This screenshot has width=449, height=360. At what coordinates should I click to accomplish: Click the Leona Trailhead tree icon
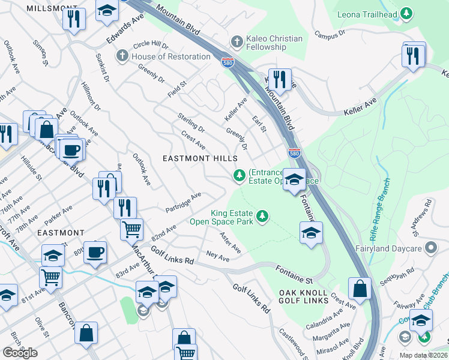[406, 13]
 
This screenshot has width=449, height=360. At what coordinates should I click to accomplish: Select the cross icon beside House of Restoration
[122, 56]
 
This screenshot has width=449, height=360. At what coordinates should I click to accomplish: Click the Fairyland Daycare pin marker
[430, 247]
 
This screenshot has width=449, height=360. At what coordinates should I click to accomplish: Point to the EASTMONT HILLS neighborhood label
[200, 158]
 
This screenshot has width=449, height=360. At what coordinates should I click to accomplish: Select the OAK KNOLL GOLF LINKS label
[303, 297]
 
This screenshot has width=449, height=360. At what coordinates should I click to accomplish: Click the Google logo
[20, 352]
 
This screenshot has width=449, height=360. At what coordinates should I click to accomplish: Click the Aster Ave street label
[230, 242]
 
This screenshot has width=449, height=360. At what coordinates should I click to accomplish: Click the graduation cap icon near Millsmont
[107, 11]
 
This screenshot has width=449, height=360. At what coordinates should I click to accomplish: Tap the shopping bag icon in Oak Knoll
[359, 289]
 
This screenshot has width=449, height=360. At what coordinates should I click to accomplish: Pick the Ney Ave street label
[217, 257]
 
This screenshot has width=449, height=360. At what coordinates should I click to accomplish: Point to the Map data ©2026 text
[421, 355]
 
